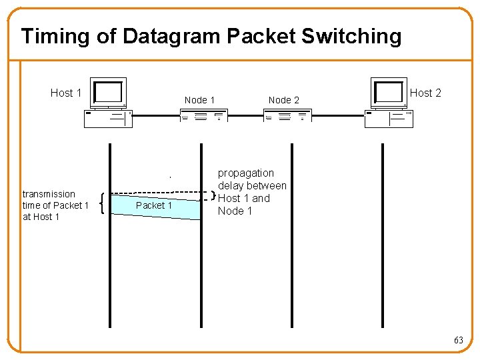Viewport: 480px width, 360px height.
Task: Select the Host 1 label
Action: [x=66, y=93]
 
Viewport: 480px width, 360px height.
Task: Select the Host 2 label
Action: [x=425, y=93]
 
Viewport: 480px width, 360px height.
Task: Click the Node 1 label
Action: [x=199, y=100]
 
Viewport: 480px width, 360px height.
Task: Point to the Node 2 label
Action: [x=283, y=100]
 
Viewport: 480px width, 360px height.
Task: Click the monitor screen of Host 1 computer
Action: [x=109, y=92]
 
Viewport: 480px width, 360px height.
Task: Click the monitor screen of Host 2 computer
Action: [x=389, y=91]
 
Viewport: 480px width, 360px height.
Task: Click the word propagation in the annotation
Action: [x=245, y=173]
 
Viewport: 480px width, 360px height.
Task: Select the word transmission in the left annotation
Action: [x=49, y=194]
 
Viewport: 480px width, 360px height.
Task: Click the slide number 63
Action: [x=458, y=340]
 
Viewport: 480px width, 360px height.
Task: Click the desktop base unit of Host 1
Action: [x=107, y=118]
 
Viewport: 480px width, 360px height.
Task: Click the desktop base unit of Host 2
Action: [x=389, y=118]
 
